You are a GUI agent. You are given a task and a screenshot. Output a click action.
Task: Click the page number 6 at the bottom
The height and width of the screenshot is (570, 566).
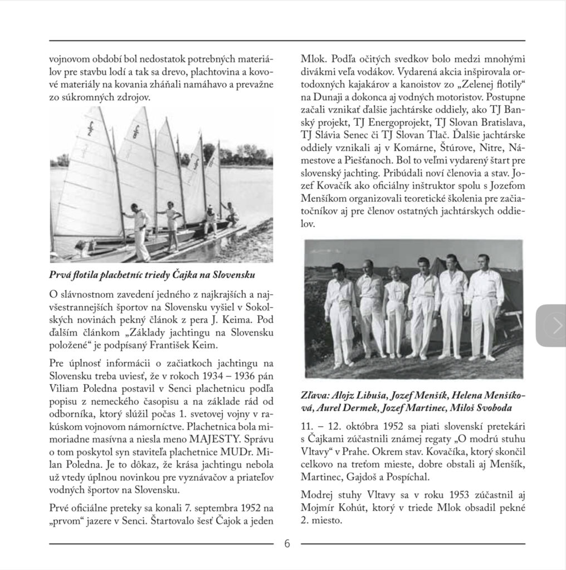[287, 544]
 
